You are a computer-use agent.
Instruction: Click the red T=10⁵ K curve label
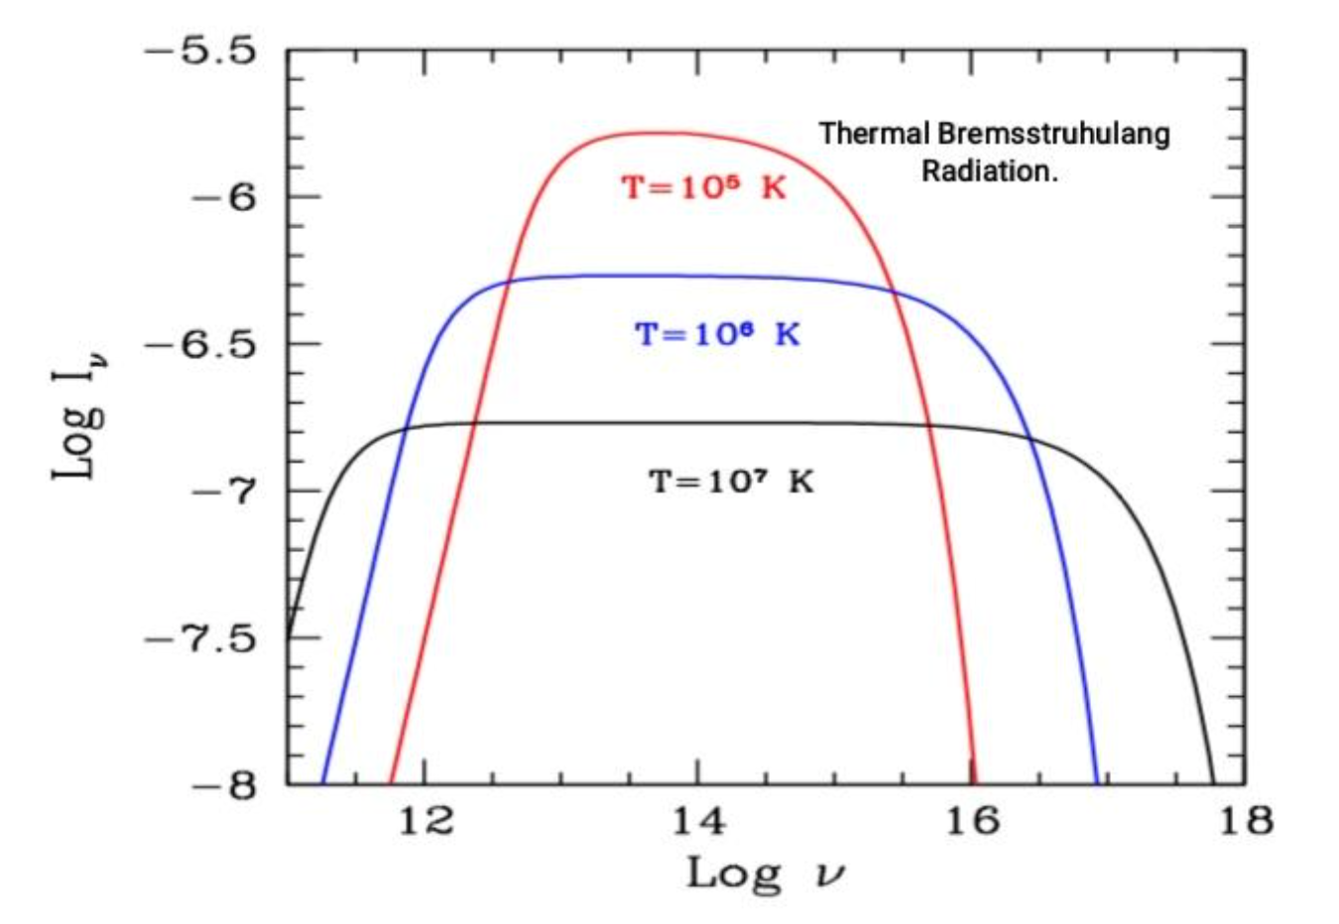(x=703, y=187)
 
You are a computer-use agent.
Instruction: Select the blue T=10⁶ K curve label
(x=717, y=334)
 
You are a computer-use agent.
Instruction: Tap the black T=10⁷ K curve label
(x=731, y=482)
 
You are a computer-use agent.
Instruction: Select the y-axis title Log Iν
(x=79, y=410)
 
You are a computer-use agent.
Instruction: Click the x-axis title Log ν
(x=767, y=873)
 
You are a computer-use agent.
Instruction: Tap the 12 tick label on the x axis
(x=426, y=821)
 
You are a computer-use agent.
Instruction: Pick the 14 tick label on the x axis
(x=699, y=821)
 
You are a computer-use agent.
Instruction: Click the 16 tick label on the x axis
(x=973, y=821)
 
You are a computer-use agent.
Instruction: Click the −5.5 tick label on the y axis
(x=201, y=51)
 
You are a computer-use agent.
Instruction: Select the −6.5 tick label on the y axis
(x=201, y=344)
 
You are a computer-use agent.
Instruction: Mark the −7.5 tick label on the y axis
(x=201, y=637)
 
